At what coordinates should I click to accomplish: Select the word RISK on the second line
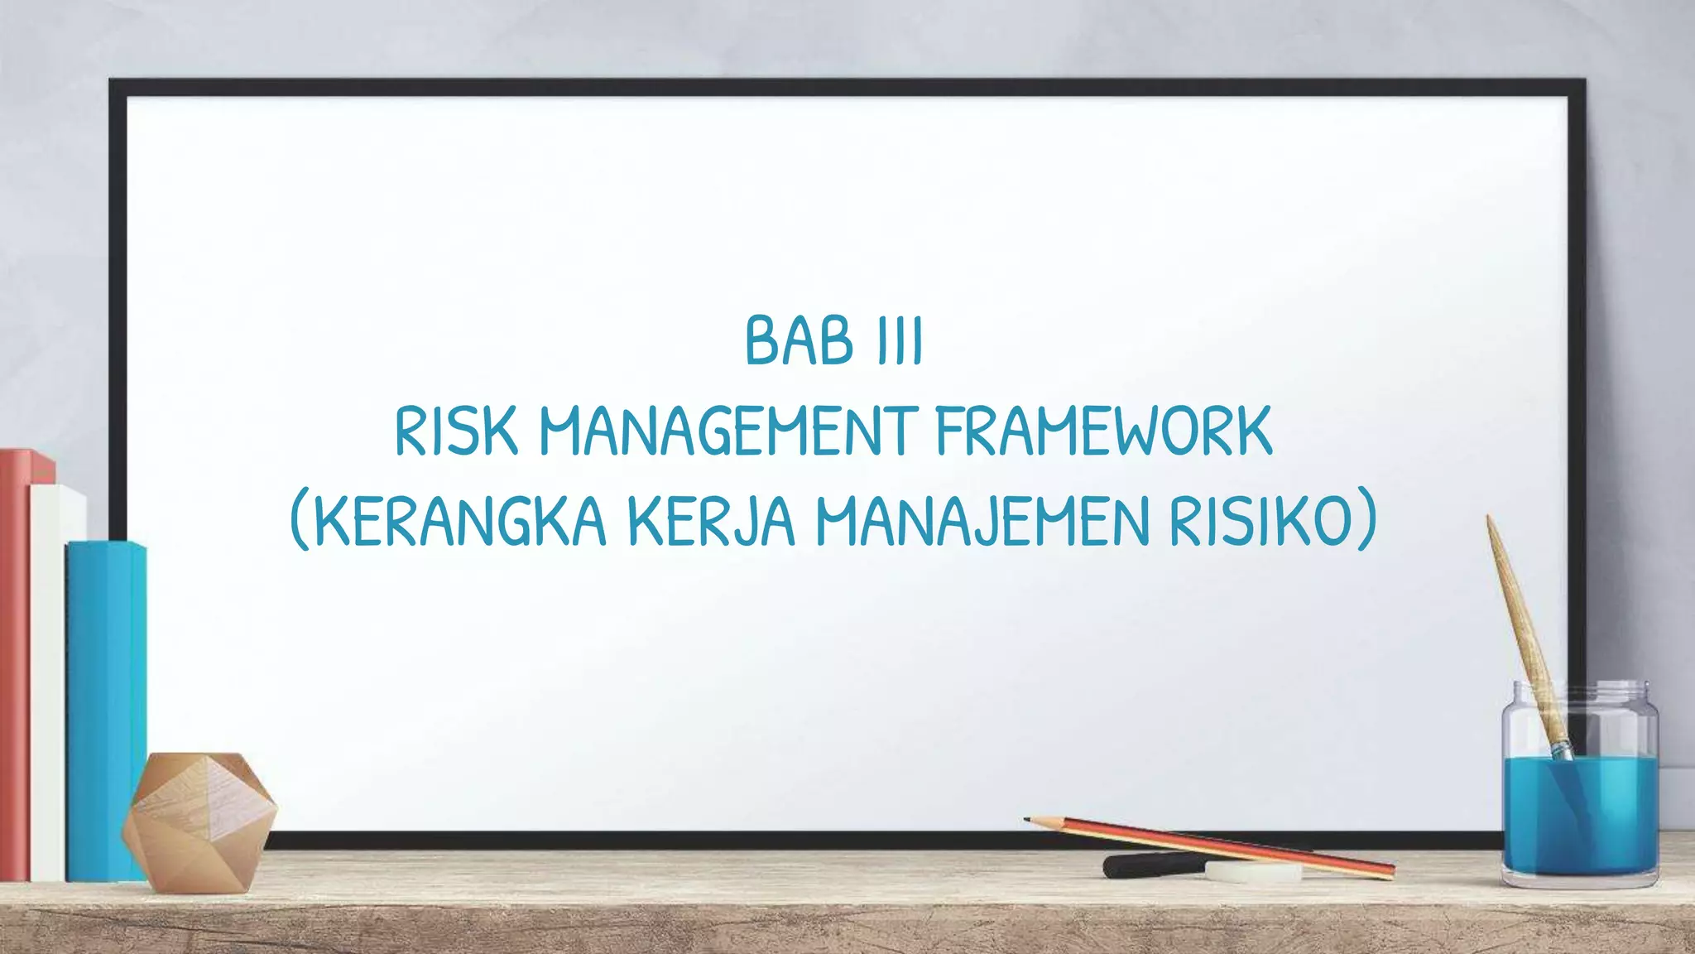[456, 432]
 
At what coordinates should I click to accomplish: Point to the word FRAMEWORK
[1104, 432]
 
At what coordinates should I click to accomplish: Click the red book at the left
[15, 662]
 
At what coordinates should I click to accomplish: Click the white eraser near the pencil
[1253, 871]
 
